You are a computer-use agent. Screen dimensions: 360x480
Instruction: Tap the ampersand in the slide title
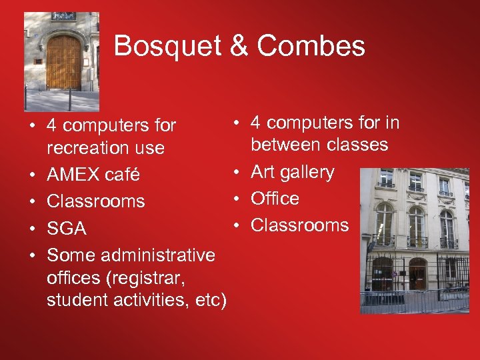(240, 46)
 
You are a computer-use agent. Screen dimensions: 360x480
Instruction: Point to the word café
(123, 175)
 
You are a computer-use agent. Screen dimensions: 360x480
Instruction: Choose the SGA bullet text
(67, 229)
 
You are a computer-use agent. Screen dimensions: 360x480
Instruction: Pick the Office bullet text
(275, 199)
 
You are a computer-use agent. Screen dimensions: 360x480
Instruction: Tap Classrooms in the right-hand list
(299, 225)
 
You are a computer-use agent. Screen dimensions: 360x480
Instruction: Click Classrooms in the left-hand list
(96, 201)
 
